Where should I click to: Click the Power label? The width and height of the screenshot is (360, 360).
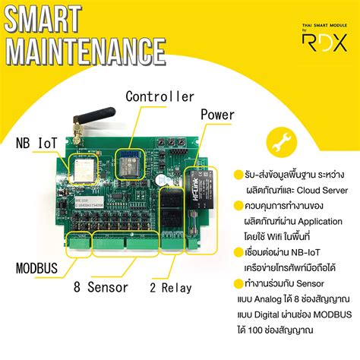[x=217, y=114]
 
